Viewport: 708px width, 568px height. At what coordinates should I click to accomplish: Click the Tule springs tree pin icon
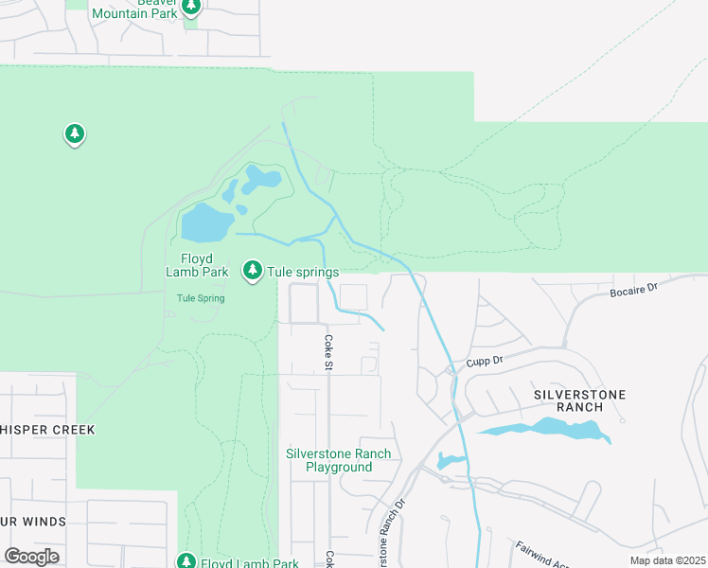coord(253,271)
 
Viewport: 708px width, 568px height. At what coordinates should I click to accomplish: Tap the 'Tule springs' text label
coord(303,272)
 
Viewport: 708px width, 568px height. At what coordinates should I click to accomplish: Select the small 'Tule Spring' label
coord(201,298)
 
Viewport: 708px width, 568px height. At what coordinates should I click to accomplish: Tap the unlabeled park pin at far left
coord(75,134)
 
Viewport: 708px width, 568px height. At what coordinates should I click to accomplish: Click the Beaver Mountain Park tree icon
coord(192,8)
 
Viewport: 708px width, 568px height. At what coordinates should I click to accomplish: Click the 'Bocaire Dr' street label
coord(633,289)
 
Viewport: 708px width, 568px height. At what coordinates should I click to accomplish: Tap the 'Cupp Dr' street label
coord(487,362)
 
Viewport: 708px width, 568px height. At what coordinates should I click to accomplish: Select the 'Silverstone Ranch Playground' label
coord(338,460)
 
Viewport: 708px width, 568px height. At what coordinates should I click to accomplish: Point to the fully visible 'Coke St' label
coord(329,351)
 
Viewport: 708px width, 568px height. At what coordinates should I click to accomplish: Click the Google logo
coord(31,556)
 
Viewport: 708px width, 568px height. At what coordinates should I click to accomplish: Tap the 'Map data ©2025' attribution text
coord(667,560)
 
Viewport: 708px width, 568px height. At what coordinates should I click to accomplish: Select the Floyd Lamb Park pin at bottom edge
coord(186,561)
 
